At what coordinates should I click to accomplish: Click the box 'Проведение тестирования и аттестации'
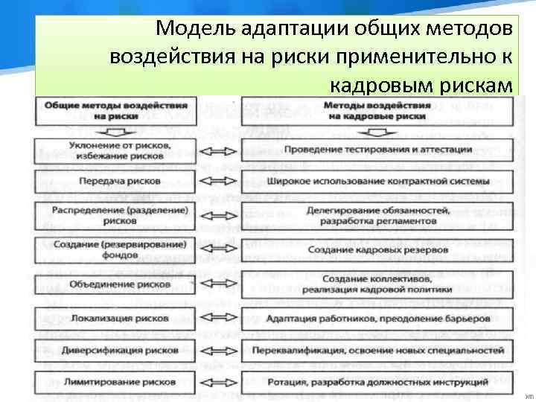click(x=377, y=148)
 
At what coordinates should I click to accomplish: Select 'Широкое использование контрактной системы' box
click(x=377, y=181)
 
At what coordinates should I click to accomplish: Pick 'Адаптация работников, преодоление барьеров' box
click(x=377, y=318)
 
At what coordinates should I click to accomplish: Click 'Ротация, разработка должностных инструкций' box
click(x=377, y=382)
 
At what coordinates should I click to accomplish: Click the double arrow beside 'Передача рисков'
click(x=219, y=181)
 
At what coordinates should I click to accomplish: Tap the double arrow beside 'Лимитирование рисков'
click(x=219, y=382)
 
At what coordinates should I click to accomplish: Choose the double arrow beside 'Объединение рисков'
click(x=219, y=284)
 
